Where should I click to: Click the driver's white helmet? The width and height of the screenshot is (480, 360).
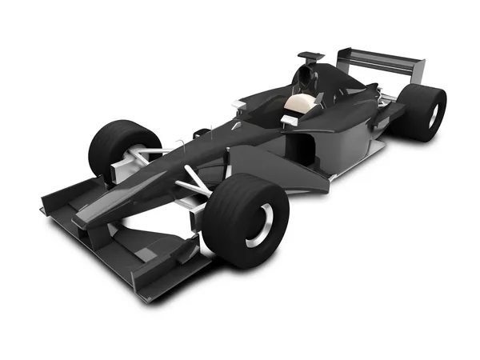pos(301,104)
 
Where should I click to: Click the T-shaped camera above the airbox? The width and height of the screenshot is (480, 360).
pos(310,56)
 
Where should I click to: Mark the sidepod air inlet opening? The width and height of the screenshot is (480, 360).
pos(302,149)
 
